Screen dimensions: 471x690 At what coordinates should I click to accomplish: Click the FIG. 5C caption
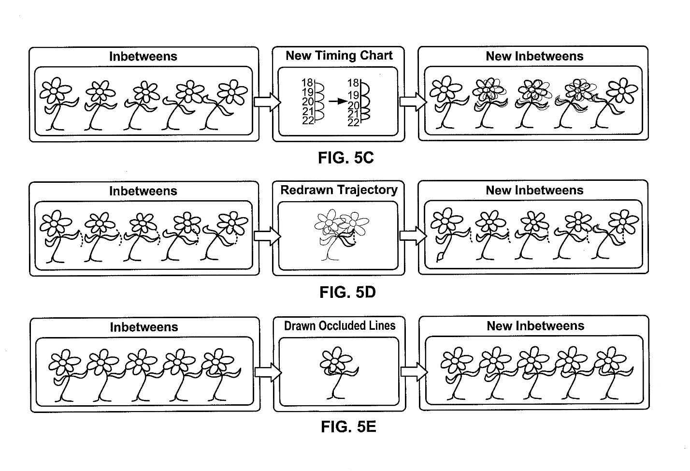345,158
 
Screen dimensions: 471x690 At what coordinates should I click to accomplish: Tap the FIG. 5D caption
347,292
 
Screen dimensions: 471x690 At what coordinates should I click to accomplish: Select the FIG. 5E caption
348,427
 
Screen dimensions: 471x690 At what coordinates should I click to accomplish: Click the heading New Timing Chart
339,56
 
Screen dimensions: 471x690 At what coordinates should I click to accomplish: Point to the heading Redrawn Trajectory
339,190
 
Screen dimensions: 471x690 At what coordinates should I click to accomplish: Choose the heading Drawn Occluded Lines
340,326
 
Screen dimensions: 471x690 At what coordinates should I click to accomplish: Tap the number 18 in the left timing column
307,83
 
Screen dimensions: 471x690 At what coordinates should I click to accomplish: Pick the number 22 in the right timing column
353,123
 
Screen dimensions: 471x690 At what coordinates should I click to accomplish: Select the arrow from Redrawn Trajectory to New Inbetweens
413,236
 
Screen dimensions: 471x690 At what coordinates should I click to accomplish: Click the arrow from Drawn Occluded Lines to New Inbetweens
414,372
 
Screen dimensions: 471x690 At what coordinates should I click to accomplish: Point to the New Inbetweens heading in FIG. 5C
534,57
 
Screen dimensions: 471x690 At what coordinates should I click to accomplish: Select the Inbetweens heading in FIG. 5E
144,327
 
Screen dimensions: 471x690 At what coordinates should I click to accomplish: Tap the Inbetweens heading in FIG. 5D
143,191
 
